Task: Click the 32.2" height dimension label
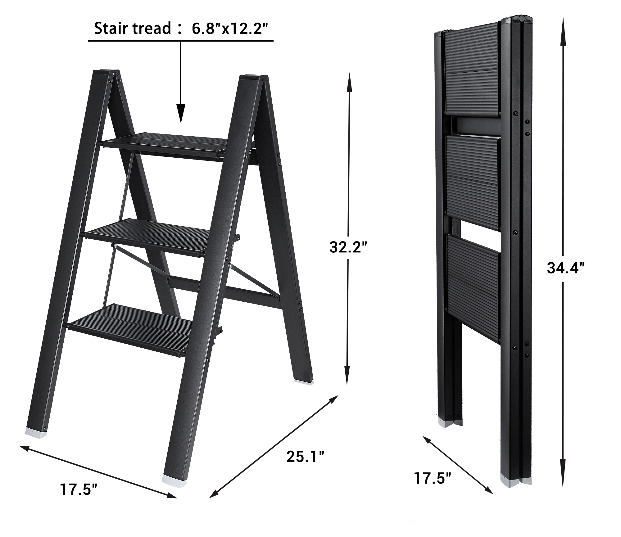[x=348, y=247]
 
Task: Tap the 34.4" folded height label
[x=565, y=268]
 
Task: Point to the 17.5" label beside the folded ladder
[x=432, y=487]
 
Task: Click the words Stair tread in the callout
[x=133, y=29]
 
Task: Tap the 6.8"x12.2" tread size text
[x=230, y=29]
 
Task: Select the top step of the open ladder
[x=165, y=146]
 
